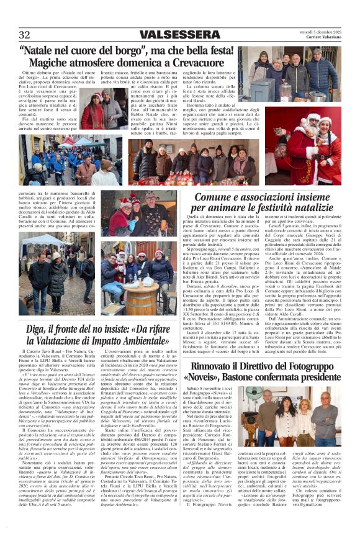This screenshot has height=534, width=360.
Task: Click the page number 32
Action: point(25,34)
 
